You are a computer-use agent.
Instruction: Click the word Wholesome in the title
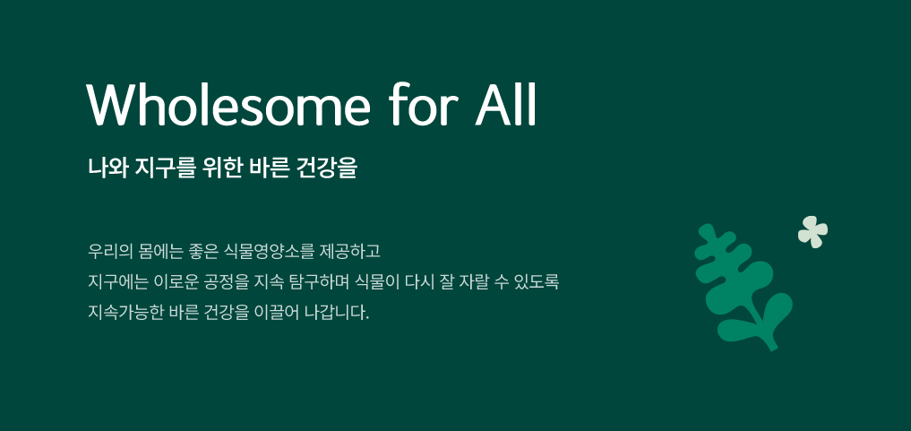[228, 104]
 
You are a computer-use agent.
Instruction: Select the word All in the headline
[505, 104]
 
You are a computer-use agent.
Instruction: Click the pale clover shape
[812, 231]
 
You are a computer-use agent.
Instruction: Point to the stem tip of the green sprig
[774, 349]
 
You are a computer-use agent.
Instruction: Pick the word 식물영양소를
[269, 252]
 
